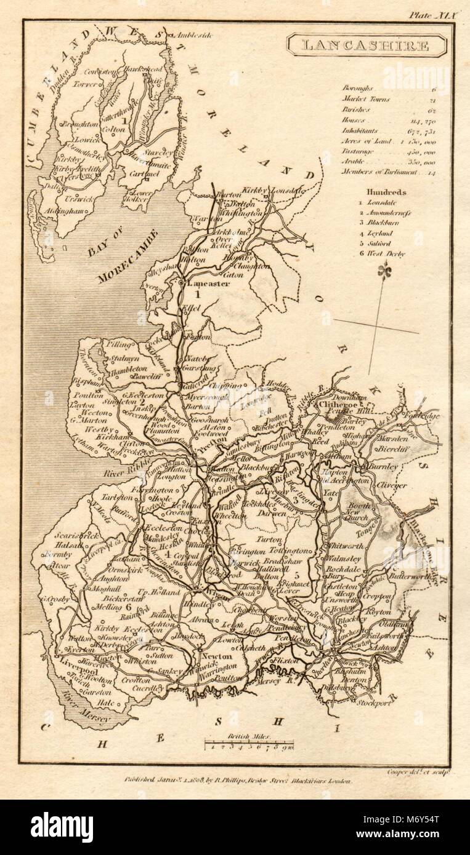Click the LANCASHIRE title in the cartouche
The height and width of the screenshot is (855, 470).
point(367,46)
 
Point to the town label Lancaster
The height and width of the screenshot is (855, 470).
point(209,284)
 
